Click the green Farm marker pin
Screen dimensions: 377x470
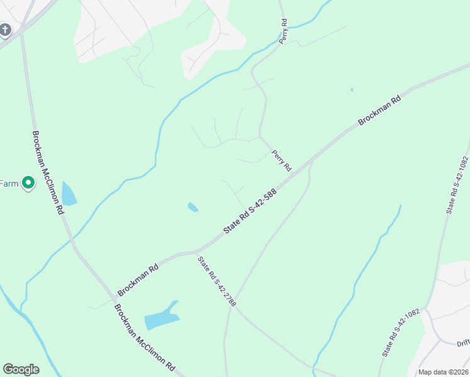click(28, 183)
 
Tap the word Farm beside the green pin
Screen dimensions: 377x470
click(9, 183)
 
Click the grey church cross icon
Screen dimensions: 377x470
click(6, 30)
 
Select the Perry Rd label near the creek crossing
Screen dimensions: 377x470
click(284, 31)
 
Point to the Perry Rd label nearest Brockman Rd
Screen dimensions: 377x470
click(281, 161)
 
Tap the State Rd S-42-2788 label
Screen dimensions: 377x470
click(217, 281)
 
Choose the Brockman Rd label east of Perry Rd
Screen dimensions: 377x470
click(380, 111)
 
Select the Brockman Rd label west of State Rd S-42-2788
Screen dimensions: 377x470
click(138, 280)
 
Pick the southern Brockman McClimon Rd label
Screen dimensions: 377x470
click(144, 337)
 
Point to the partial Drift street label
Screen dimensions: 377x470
click(462, 343)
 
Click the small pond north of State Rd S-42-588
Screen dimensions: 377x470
click(193, 207)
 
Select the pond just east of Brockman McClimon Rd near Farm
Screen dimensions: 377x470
click(68, 194)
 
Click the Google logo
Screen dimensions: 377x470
click(21, 369)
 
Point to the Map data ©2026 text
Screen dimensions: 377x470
click(443, 372)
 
